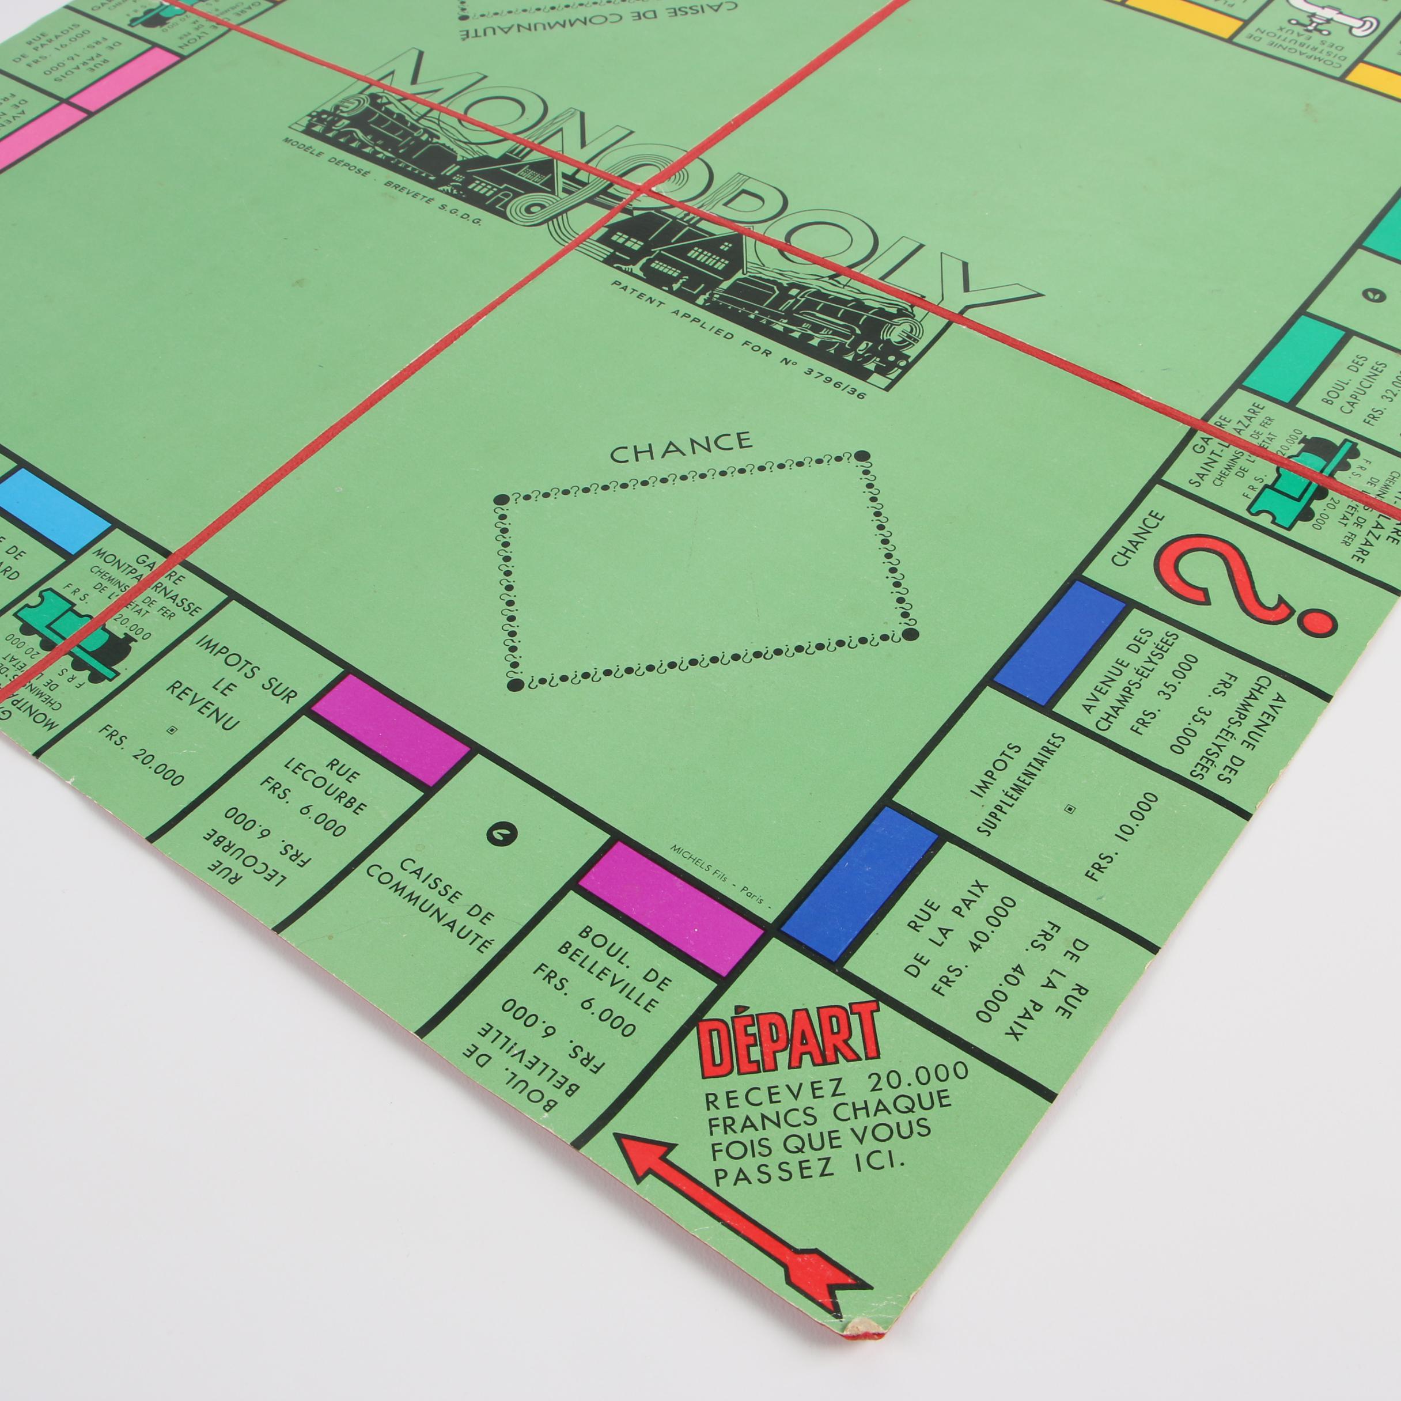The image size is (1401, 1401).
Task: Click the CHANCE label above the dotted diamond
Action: pyautogui.click(x=681, y=449)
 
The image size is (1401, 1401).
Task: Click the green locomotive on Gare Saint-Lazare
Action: pyautogui.click(x=1298, y=478)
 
